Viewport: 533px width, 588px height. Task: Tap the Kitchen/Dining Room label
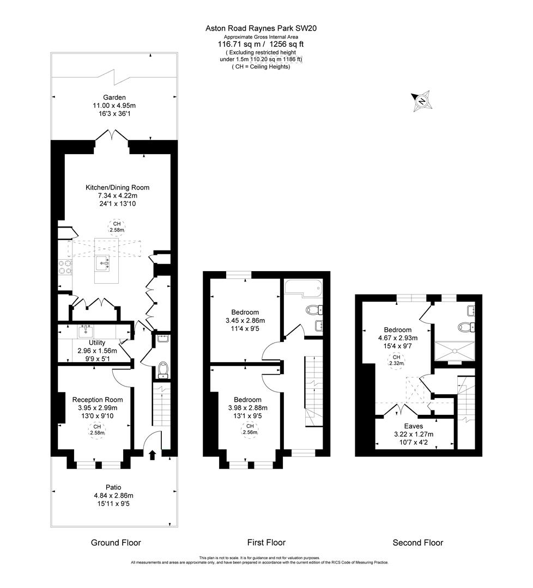tap(117, 187)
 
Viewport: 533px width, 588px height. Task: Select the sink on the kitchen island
tap(102, 264)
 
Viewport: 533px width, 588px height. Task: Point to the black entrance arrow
tap(152, 454)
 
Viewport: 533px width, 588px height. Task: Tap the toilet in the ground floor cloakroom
tap(162, 370)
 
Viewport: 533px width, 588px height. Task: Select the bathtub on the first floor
tap(304, 287)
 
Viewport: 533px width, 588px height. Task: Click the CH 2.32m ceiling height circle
tap(394, 361)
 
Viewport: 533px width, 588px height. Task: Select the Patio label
tap(114, 487)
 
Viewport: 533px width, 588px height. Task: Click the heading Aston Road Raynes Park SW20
tap(260, 28)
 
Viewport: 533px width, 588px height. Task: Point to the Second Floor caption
tap(417, 543)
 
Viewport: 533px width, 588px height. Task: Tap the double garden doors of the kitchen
tap(112, 136)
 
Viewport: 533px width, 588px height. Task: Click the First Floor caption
tap(266, 543)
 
